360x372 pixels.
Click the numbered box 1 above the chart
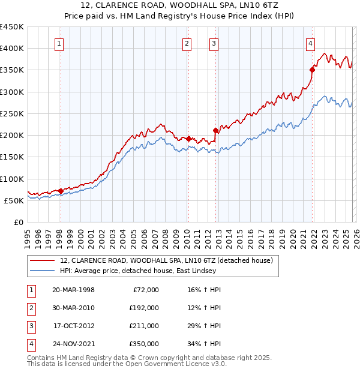(60, 43)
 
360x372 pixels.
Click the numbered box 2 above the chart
(187, 43)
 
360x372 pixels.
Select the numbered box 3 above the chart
(214, 43)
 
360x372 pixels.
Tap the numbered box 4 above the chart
(310, 43)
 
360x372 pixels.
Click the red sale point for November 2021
(313, 70)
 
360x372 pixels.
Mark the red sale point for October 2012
(215, 130)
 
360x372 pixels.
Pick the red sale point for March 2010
(188, 139)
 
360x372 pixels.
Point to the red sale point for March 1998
(61, 191)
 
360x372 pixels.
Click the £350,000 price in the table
(144, 344)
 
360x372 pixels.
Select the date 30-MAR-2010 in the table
(73, 308)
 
